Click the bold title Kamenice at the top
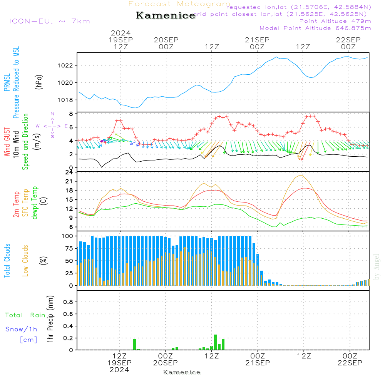[166, 16]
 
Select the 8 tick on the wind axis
[71, 114]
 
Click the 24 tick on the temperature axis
[69, 172]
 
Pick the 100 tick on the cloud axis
[67, 236]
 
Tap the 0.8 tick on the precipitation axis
[68, 302]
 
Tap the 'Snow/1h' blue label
[21, 329]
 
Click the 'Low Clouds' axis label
[25, 261]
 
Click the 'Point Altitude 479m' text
[335, 21]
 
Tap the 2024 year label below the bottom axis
[119, 370]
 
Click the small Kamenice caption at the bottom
[182, 372]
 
